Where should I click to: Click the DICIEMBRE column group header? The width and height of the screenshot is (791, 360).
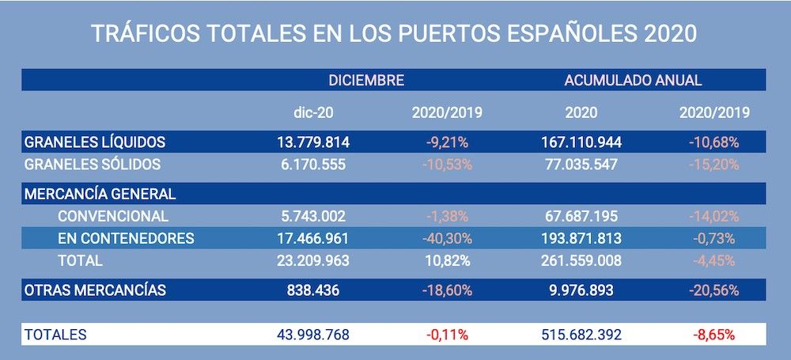(x=367, y=80)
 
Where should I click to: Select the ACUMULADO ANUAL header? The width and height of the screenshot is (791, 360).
(x=633, y=80)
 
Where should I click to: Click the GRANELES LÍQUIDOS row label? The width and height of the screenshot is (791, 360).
(x=95, y=142)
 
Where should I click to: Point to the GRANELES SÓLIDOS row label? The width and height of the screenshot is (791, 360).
(x=93, y=165)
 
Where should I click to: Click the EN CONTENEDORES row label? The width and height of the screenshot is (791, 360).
(x=126, y=238)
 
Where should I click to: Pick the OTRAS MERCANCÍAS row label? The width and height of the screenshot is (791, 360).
(x=95, y=290)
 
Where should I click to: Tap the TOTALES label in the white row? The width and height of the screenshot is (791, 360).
(x=55, y=335)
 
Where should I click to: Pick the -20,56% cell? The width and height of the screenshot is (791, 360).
(x=713, y=290)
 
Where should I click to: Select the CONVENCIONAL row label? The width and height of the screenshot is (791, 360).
(x=112, y=216)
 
